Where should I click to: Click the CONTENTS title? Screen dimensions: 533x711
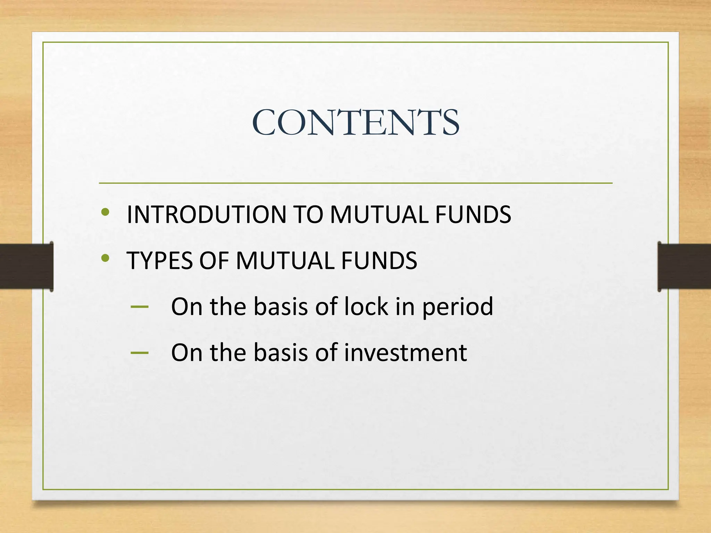coord(355,122)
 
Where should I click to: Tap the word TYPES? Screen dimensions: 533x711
coord(159,261)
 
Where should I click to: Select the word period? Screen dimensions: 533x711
coord(458,307)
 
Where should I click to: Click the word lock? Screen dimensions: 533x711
coord(366,307)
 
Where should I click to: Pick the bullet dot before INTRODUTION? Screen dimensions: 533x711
coord(106,212)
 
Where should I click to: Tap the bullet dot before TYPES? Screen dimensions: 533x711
coord(106,258)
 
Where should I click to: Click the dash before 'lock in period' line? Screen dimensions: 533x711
coord(140,307)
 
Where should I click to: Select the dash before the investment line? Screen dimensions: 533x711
coord(140,353)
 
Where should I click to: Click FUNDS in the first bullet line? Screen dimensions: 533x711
coord(473,214)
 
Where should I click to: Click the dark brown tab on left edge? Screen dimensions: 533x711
coord(26,266)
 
